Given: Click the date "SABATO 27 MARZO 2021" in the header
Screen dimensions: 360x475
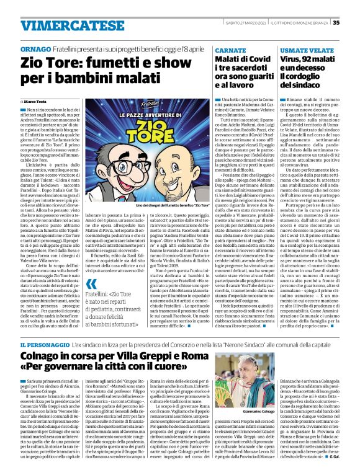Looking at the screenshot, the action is click(x=241, y=23).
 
